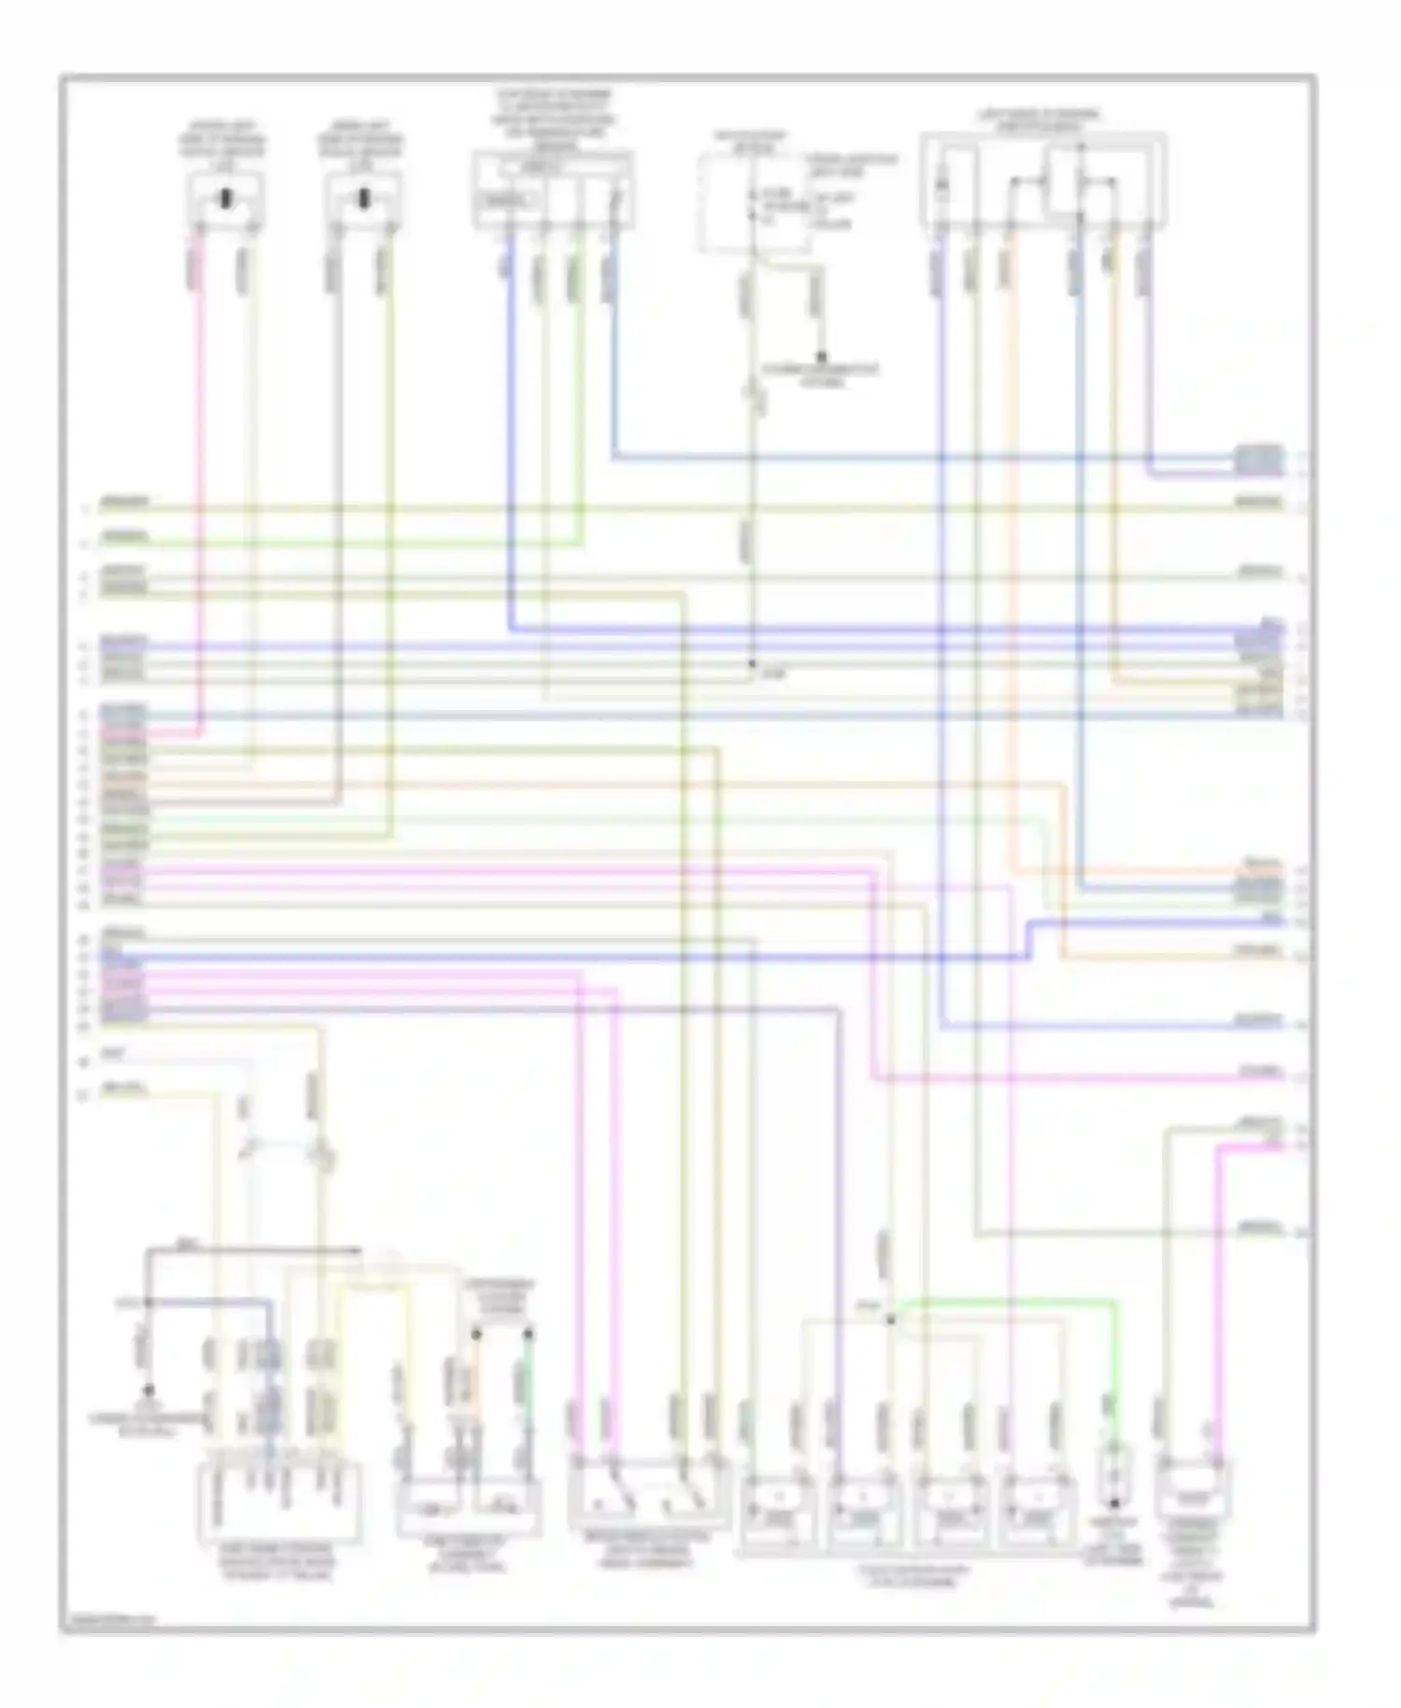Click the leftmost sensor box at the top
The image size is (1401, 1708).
pos(226,200)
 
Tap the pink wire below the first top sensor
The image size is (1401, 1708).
pos(198,467)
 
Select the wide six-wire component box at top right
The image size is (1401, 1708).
pos(1042,183)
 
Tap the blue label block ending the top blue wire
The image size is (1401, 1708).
pos(1258,458)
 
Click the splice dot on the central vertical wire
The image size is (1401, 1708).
pos(752,663)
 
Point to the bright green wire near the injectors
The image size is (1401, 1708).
pos(1009,1301)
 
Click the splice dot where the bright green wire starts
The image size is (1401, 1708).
pos(890,1319)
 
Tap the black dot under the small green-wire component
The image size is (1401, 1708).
pos(1114,1505)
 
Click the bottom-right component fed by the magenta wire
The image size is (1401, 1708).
pos(1193,1495)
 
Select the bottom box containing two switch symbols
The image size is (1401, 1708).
pos(648,1495)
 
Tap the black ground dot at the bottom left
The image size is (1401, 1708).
pos(147,1389)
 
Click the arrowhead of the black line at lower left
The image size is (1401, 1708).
pos(357,1249)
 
